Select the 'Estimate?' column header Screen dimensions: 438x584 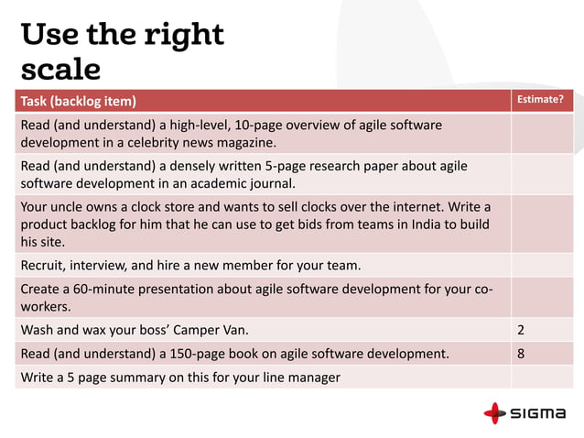pyautogui.click(x=541, y=100)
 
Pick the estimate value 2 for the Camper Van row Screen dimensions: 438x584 pyautogui.click(x=521, y=328)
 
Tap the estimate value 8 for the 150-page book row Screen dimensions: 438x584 pyautogui.click(x=521, y=353)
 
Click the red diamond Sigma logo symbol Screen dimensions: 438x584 pyautogui.click(x=494, y=413)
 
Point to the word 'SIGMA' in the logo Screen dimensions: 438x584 pyautogui.click(x=537, y=413)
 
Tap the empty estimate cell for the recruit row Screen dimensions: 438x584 pyautogui.click(x=541, y=266)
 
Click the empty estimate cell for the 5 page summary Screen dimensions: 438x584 pyautogui.click(x=541, y=377)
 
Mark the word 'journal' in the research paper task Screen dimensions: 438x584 pyautogui.click(x=283, y=182)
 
